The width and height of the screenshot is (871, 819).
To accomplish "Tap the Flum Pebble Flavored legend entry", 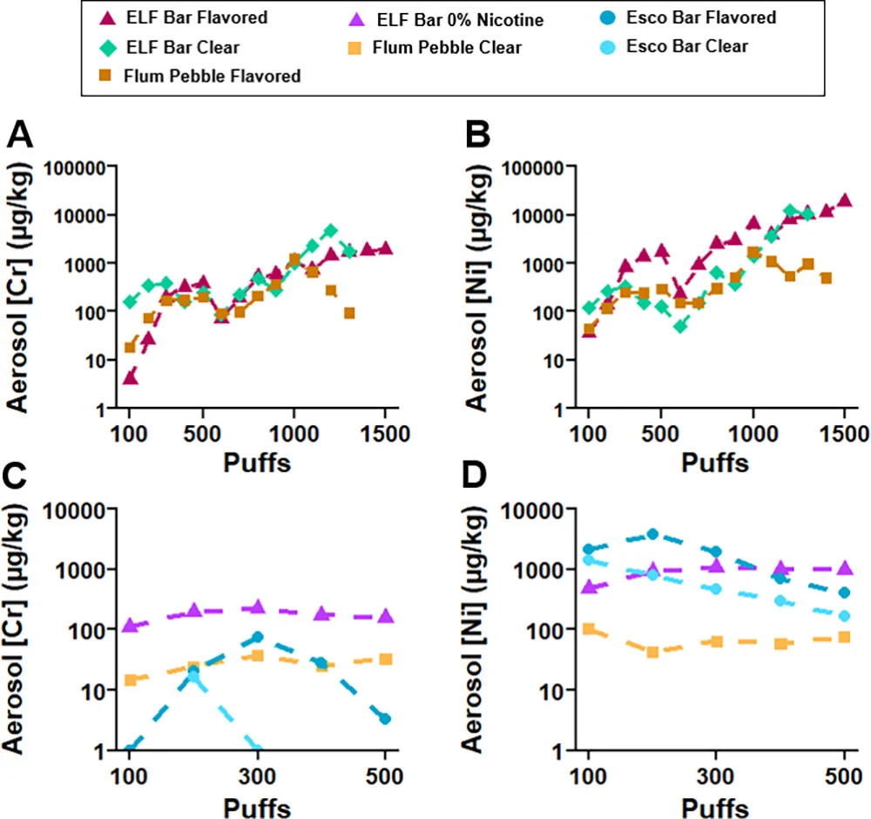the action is [x=200, y=76].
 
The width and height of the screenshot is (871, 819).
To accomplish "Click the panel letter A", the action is [x=20, y=135].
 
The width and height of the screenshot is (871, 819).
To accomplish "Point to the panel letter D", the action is [x=474, y=476].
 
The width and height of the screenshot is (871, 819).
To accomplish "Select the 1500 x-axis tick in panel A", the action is [x=385, y=434].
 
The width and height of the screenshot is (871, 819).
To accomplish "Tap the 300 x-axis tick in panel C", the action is [x=257, y=776].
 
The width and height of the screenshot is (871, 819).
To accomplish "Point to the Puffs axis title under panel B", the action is [x=715, y=463].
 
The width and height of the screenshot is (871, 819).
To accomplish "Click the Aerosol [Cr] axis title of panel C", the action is [x=15, y=629].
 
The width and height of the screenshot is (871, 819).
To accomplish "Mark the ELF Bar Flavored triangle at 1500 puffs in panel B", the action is [x=844, y=200].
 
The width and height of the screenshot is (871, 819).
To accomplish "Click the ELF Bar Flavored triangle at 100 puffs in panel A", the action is [x=130, y=378].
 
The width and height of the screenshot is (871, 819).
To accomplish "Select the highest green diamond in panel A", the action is [x=330, y=231].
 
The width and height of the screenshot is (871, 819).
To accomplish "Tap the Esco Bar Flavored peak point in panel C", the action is [x=257, y=637].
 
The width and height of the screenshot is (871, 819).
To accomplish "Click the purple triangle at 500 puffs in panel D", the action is [x=844, y=568].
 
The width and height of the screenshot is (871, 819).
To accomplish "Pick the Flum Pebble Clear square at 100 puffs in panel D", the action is [x=588, y=629].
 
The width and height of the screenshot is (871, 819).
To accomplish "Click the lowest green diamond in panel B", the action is [x=680, y=326].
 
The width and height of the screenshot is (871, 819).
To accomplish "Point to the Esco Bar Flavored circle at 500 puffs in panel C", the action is [x=385, y=719].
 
